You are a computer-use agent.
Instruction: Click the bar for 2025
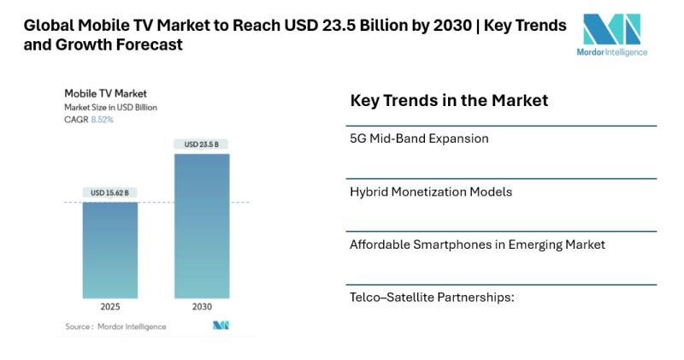coord(109,250)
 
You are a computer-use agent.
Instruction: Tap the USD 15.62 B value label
coord(109,193)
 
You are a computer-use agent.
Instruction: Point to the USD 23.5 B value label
coord(202,145)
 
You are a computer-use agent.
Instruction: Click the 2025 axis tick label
coord(109,306)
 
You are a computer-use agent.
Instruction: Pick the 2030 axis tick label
coord(202,306)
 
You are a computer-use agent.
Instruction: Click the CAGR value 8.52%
coord(102,120)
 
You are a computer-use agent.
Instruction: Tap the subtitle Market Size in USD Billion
coord(110,107)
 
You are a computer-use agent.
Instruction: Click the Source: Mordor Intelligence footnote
coord(115,327)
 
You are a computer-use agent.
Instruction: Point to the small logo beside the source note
coord(221,326)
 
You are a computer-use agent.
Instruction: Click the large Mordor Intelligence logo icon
coord(612,29)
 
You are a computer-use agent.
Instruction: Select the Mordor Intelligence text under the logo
coord(612,51)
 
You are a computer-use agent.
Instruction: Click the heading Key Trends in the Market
coord(449,101)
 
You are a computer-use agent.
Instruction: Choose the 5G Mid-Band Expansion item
coord(419,139)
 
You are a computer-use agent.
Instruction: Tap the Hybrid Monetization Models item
coord(431,192)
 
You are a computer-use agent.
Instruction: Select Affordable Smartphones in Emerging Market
coord(477,245)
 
